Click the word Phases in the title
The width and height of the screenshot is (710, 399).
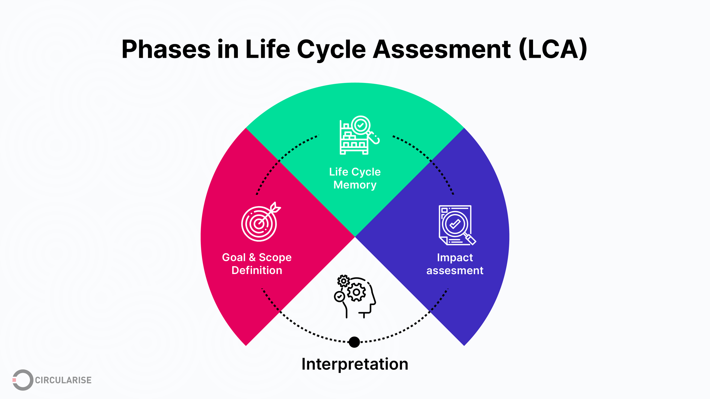(x=166, y=50)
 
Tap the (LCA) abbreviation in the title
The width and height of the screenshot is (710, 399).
(x=553, y=50)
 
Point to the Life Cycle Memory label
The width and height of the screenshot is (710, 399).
(x=355, y=178)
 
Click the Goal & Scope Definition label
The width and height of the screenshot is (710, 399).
(x=257, y=264)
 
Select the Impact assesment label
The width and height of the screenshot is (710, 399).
(x=455, y=264)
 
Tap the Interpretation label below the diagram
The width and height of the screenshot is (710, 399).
(x=355, y=364)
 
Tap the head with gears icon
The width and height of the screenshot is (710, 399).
(x=355, y=296)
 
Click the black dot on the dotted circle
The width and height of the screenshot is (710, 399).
(x=354, y=342)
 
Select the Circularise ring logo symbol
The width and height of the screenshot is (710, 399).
(x=22, y=380)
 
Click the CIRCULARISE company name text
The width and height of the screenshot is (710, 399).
(x=63, y=380)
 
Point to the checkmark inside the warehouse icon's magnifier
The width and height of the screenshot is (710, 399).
(x=360, y=125)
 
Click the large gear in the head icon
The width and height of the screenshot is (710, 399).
(x=356, y=292)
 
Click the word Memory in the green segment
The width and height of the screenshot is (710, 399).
(x=355, y=185)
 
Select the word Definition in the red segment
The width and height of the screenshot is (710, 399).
(x=257, y=270)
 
